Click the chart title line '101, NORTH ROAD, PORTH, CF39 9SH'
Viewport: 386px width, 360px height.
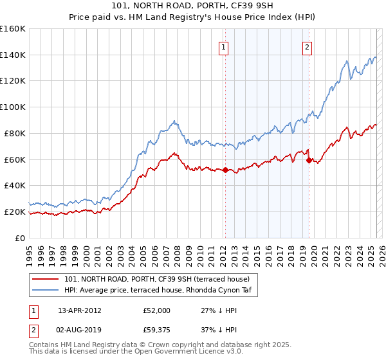[193, 6]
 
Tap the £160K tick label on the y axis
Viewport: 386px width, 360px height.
[13, 29]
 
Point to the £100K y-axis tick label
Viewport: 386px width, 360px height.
[13, 107]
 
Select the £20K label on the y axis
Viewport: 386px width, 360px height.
[15, 212]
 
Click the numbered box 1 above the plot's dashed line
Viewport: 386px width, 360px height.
[223, 46]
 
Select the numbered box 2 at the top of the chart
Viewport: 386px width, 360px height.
[308, 46]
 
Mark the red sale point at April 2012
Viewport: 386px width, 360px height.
[225, 170]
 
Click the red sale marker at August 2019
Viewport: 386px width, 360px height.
[309, 161]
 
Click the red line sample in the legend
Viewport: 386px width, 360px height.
[46, 279]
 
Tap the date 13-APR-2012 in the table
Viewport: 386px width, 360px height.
[79, 310]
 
